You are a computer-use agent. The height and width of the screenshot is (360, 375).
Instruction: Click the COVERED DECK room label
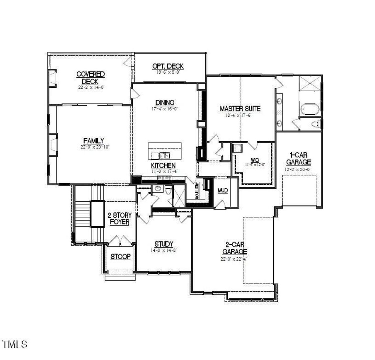(x=90, y=78)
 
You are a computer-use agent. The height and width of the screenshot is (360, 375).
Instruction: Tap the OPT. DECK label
(x=168, y=66)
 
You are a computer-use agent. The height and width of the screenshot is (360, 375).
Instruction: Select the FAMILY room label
(x=93, y=141)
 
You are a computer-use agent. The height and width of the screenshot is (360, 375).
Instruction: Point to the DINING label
(x=165, y=103)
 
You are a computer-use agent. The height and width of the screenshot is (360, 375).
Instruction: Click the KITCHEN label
(x=163, y=166)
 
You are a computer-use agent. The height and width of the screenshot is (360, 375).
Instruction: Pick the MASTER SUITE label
(x=240, y=109)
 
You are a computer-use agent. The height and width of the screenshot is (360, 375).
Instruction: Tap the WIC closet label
(x=255, y=160)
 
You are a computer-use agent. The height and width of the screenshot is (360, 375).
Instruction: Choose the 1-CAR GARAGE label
(x=298, y=158)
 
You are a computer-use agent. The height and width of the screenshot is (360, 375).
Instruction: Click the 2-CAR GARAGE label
(x=234, y=248)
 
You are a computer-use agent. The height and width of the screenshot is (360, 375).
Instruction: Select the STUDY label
(x=164, y=244)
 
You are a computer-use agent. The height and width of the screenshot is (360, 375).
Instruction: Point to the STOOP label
(x=120, y=257)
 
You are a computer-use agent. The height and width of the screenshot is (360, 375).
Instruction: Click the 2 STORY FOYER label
(x=120, y=219)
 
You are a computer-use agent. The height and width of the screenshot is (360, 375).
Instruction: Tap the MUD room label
(x=223, y=191)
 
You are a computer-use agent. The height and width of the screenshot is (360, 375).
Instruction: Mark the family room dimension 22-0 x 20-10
(x=95, y=147)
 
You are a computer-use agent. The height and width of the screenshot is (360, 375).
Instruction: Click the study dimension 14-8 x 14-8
(x=164, y=250)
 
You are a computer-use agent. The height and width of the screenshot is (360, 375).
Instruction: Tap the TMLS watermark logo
(x=15, y=344)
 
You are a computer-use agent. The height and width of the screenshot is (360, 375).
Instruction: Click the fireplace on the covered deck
(x=52, y=78)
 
